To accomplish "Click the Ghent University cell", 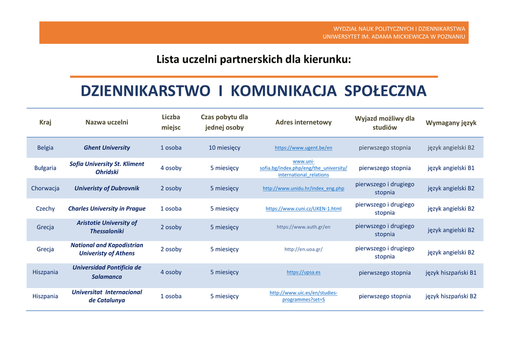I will pos(107,147).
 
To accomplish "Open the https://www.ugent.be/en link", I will pos(304,148).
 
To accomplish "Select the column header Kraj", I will pos(45,122).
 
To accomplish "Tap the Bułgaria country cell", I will pos(45,168).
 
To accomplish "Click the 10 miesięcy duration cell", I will pos(224,147).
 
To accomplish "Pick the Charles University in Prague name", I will pos(107,209).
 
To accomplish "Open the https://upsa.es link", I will pos(304,272).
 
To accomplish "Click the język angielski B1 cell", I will pos(451,168).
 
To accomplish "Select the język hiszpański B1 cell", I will pos(451,273).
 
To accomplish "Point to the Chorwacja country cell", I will pos(45,188).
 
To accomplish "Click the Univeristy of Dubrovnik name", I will pos(107,188).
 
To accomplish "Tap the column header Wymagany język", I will pos(451,123).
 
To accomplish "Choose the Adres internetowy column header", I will pos(304,122).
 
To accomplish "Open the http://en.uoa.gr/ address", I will pos(304,249).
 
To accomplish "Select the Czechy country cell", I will pos(45,209).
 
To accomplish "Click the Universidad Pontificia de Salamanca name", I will pos(107,272).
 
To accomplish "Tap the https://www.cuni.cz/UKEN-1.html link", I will pos(304,209).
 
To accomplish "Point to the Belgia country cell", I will pos(45,147).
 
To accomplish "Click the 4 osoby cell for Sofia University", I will pos(171,168).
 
